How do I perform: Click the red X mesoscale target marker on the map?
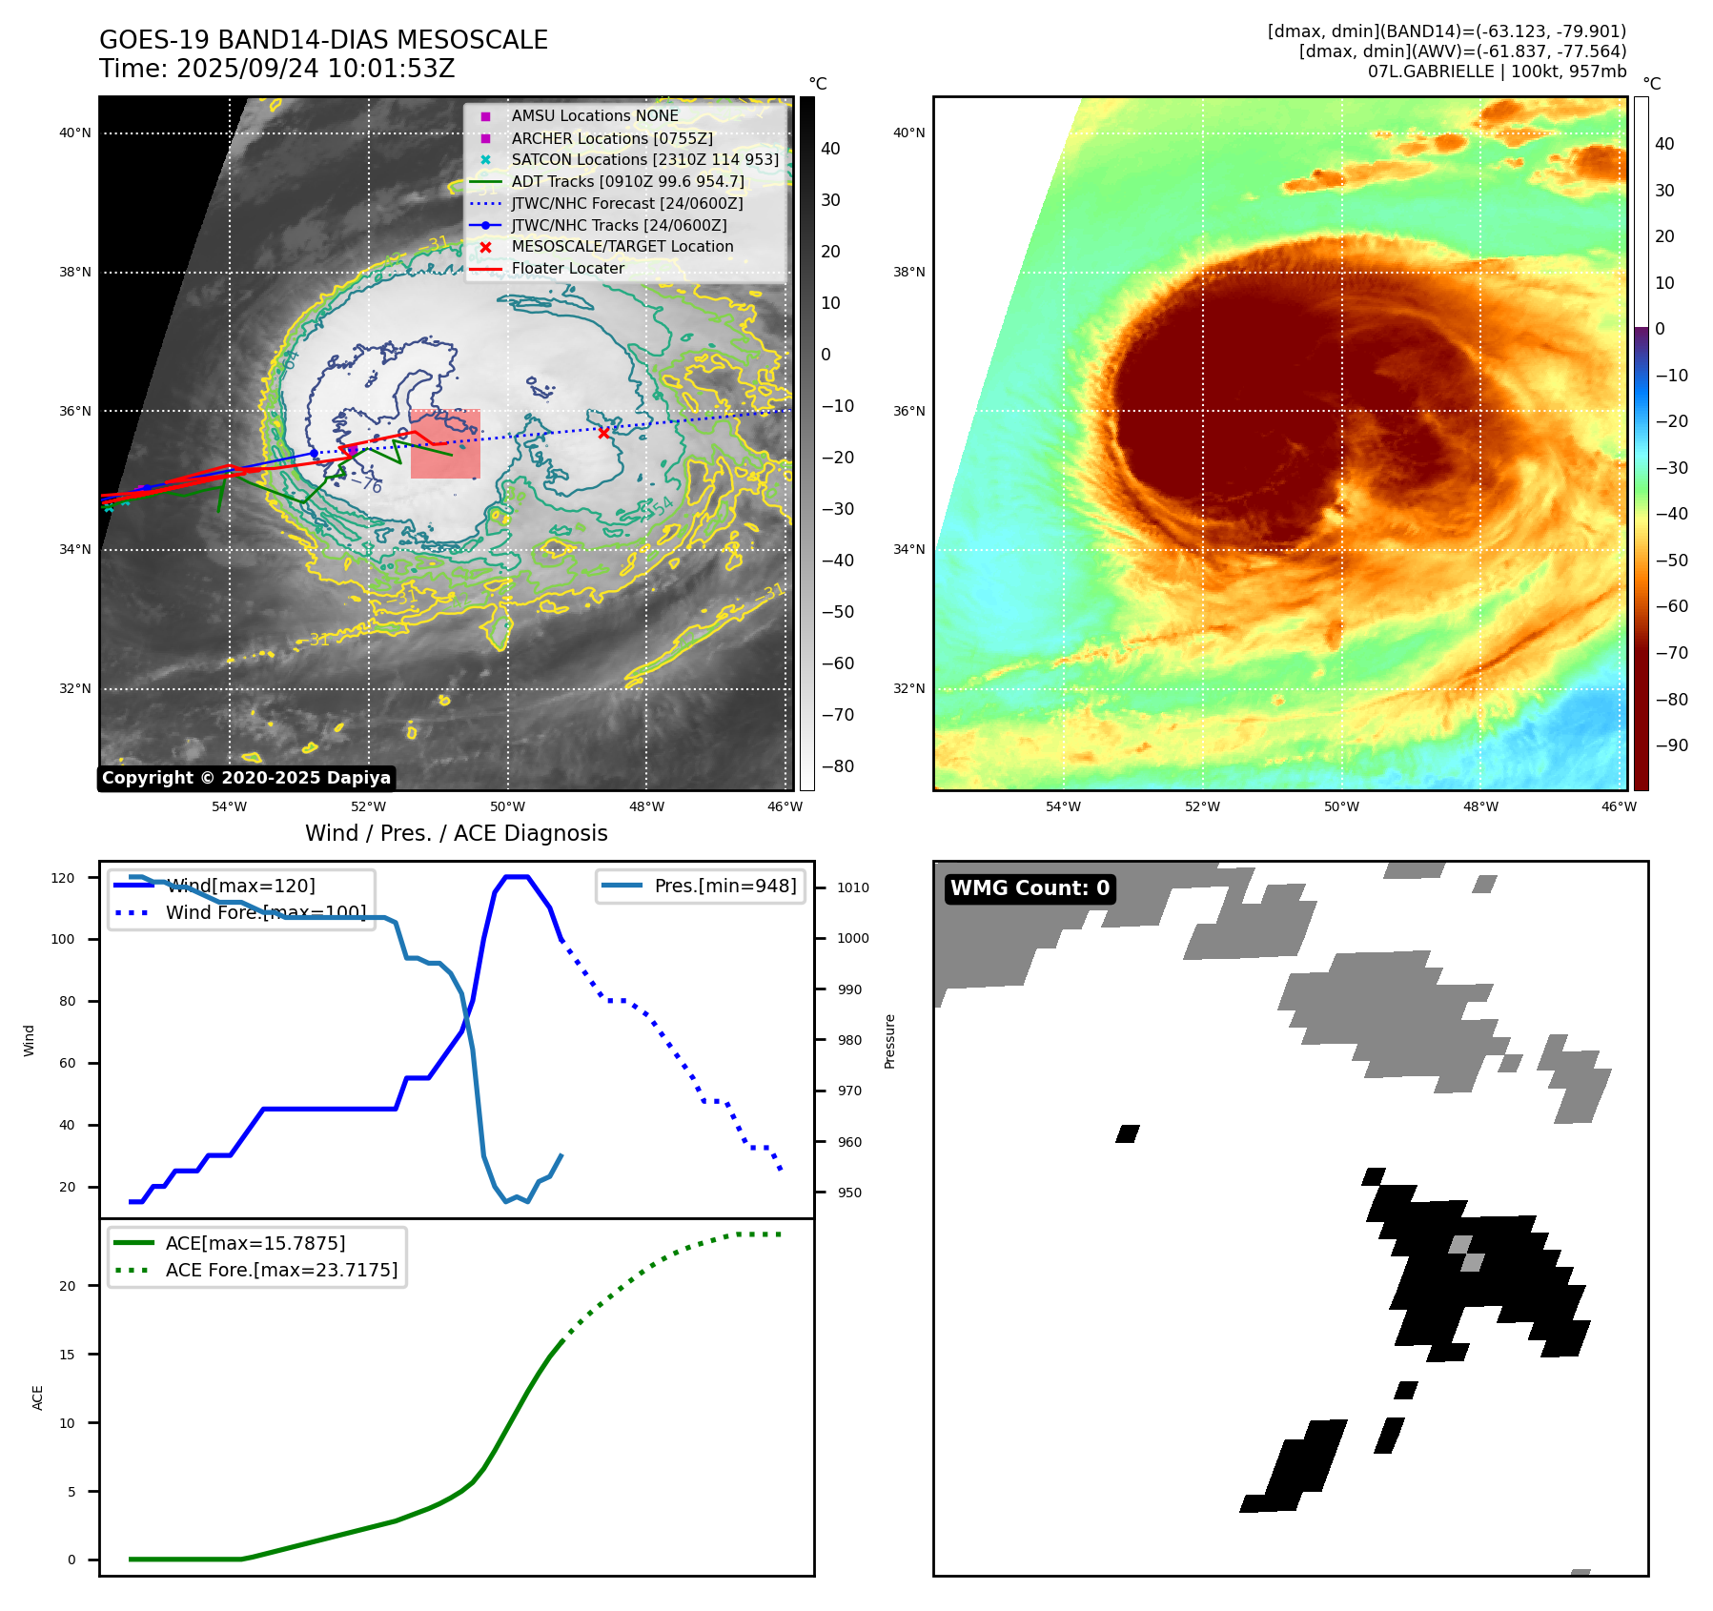tap(603, 433)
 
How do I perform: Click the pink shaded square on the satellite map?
tap(445, 444)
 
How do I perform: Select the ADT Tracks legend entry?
tap(627, 181)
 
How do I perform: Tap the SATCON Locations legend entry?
tap(644, 159)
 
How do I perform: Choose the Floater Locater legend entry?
tap(567, 268)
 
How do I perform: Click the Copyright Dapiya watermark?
tap(246, 778)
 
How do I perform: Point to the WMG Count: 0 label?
tap(1030, 888)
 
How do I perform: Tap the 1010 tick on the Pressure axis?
tap(853, 887)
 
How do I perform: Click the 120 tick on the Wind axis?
tap(63, 878)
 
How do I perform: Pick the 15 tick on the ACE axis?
tap(68, 1355)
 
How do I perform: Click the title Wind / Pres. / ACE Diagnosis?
tap(456, 833)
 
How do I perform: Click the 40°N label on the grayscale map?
tap(75, 133)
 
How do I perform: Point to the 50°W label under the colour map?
tap(1341, 806)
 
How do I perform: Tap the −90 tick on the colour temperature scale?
tap(1671, 745)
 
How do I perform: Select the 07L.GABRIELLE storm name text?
tap(1430, 71)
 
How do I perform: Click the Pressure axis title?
tap(889, 1041)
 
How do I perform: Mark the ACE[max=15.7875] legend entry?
tap(255, 1243)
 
